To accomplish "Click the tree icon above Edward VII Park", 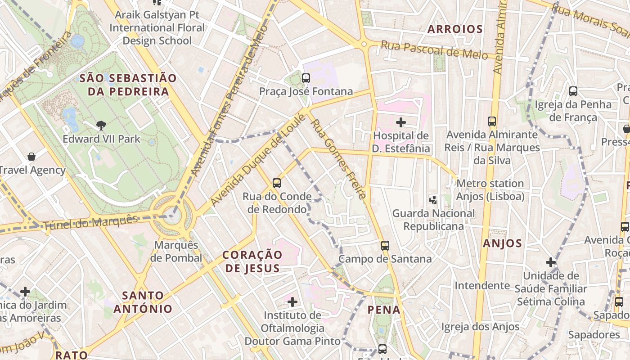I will coord(101,126).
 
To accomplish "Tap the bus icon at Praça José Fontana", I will coord(306,78).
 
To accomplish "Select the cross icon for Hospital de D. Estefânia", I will coord(400,122).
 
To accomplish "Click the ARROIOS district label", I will coord(455,29).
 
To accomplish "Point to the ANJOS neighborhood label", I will coord(502,243).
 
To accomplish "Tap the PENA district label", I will coord(384,310).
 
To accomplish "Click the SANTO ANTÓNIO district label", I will coord(143,302).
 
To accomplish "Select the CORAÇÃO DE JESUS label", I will coord(252,261).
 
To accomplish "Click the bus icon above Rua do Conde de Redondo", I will coord(277,183).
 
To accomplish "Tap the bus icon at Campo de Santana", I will coord(385,246).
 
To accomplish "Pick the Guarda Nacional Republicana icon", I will coord(433,200).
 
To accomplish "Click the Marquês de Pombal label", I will coord(176,252).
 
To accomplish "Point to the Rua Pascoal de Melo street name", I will coord(434,49).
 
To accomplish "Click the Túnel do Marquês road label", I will coord(90,223).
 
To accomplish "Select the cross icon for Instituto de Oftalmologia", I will coord(292,301).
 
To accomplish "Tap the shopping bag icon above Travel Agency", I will coord(31,157).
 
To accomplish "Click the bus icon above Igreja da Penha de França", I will coord(573,91).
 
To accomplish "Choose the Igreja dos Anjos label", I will coord(480,327).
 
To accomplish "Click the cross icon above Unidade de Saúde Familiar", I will coord(551,262).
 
